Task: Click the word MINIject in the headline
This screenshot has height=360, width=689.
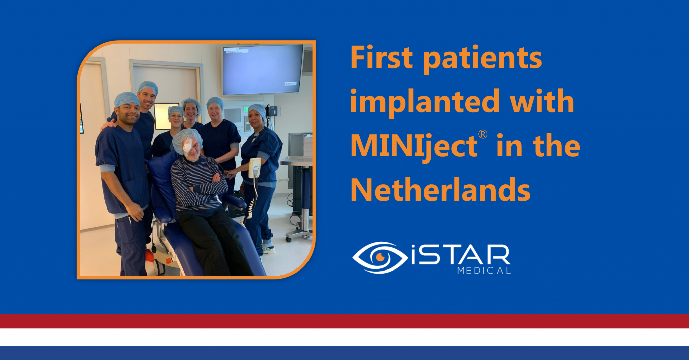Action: point(414,146)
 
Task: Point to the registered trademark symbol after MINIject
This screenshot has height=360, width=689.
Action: point(483,134)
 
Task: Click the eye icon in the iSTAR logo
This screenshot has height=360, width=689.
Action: point(380,257)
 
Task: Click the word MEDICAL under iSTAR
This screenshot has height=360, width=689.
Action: point(483,271)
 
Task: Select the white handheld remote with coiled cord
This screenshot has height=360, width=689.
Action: point(255,168)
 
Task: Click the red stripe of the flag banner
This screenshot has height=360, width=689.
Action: point(344,321)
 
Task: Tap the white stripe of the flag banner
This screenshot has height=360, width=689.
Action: point(344,337)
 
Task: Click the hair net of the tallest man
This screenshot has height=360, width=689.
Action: point(148,86)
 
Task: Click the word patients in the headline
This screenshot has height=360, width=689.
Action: point(482,58)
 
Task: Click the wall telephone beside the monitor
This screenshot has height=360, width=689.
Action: point(272,110)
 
